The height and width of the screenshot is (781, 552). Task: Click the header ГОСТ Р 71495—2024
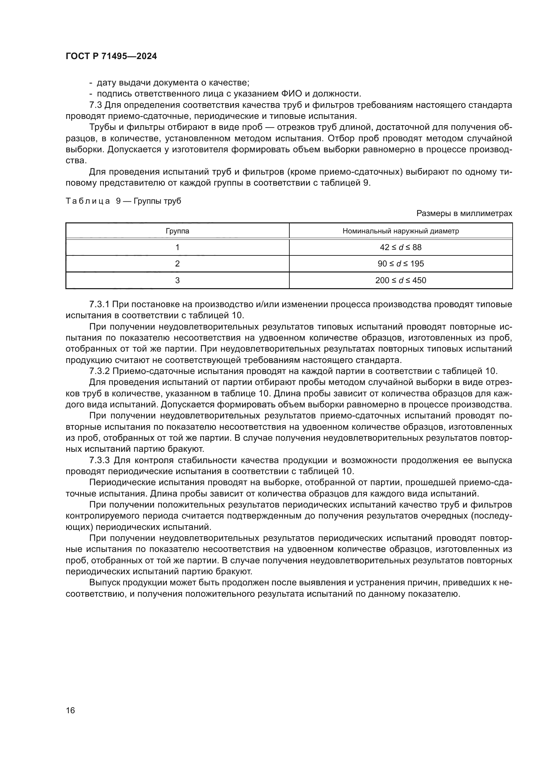(x=111, y=56)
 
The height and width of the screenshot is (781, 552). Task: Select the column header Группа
(x=177, y=231)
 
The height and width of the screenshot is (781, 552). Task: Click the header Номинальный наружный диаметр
(x=400, y=231)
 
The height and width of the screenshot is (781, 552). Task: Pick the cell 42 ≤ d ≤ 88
(x=400, y=247)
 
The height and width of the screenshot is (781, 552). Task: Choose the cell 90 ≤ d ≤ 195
(x=400, y=264)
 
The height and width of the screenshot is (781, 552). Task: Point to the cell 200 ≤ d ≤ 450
(x=400, y=280)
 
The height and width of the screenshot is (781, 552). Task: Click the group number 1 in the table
(x=177, y=247)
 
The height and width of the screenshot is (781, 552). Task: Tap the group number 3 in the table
(x=177, y=280)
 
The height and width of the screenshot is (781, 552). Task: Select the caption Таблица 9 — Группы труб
(x=123, y=201)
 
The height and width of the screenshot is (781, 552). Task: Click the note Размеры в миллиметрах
(x=464, y=213)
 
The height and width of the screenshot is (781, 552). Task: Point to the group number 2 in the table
(x=177, y=264)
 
